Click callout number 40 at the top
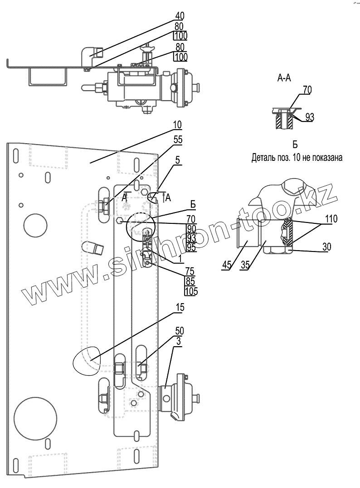coord(180,16)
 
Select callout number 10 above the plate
coord(177,125)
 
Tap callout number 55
coord(178,140)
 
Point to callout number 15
coord(180,308)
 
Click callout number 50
coord(180,330)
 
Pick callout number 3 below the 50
coord(179,341)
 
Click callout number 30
coord(327,247)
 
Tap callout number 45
coord(227,265)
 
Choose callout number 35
coord(245,265)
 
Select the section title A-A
coord(284,78)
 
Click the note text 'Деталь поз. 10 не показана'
coord(297,158)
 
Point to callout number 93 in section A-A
coord(310,117)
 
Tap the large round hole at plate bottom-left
coord(35,411)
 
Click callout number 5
coord(177,160)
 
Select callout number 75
coord(190,270)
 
